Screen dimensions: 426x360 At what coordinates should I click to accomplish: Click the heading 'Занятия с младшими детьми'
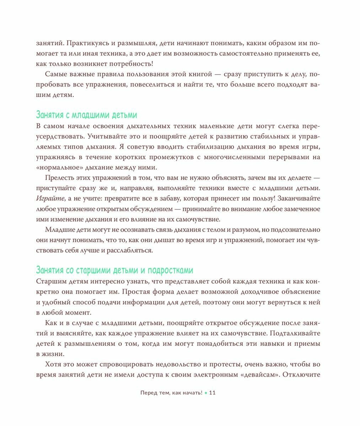(86, 115)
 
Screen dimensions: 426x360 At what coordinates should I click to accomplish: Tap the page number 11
(213, 393)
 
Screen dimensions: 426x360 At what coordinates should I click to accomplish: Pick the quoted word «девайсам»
(258, 375)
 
